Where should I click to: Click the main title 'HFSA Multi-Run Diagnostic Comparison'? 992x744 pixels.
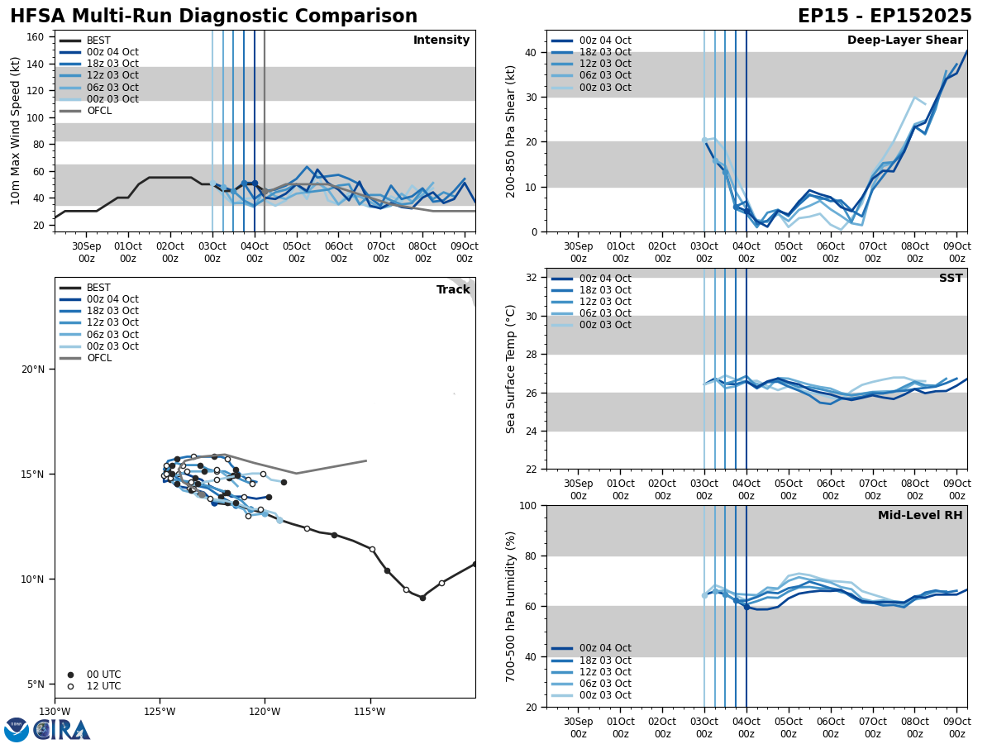213,17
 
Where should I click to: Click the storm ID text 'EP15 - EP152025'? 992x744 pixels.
885,17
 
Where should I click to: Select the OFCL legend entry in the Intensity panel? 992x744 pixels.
99,111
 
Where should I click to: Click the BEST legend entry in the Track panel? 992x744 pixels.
98,288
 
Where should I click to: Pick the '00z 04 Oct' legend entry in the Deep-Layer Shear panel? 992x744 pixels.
603,41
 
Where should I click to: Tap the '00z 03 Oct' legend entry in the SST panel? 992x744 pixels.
603,325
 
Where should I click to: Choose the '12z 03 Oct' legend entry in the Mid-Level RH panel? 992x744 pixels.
603,672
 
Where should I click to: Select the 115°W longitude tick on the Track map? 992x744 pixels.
370,712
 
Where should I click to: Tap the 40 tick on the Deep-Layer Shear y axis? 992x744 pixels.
531,52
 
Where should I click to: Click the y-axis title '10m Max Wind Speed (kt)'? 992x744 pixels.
16,131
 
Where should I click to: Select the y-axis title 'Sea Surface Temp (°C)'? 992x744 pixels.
511,369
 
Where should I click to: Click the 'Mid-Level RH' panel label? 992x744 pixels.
920,516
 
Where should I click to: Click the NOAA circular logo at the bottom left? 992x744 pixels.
16,730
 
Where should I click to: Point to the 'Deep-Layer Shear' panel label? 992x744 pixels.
904,41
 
